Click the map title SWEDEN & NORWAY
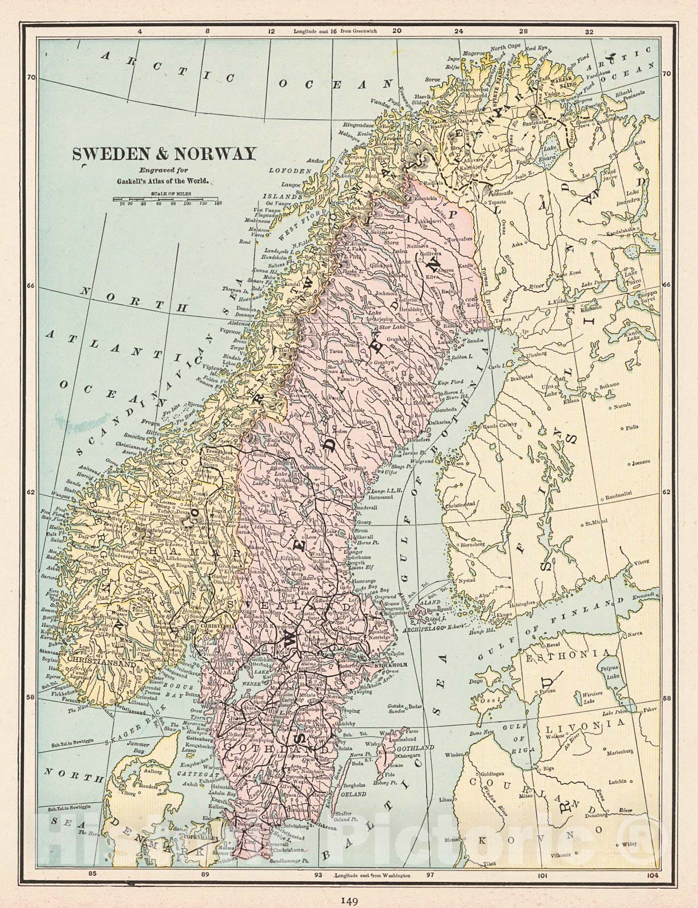point(163,154)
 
